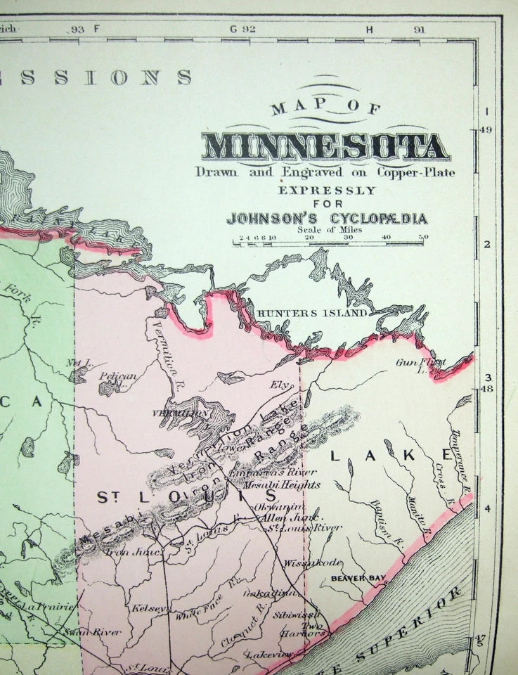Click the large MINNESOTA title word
[324, 146]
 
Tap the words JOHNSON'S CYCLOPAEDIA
[326, 219]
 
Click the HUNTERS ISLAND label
[313, 313]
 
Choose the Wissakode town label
[303, 562]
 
